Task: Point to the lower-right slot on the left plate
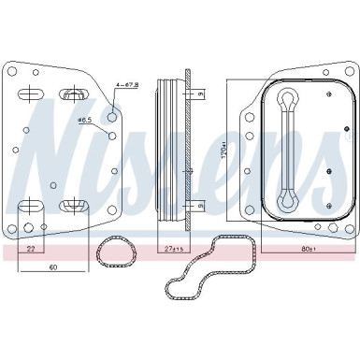point(72,204)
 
